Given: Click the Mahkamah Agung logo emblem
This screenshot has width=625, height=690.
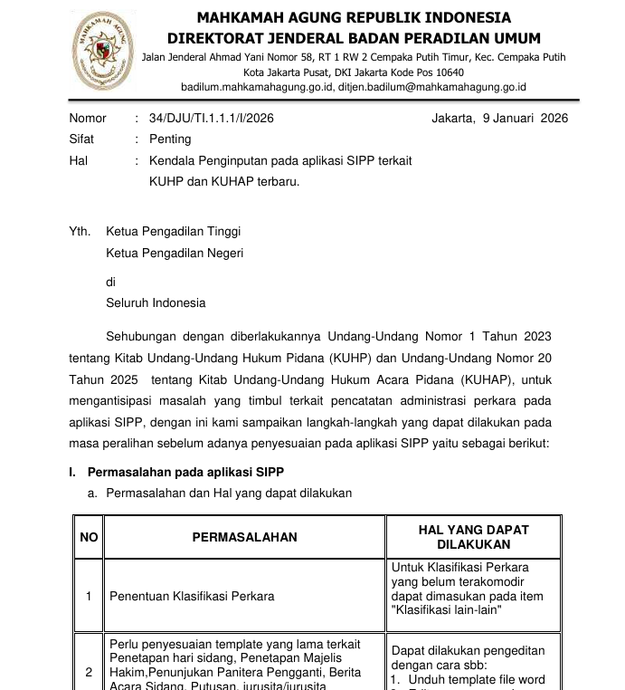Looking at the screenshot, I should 101,51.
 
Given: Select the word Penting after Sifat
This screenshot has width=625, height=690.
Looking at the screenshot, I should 170,139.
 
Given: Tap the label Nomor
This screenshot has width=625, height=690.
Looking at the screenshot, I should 88,119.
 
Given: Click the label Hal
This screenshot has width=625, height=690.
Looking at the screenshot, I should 79,160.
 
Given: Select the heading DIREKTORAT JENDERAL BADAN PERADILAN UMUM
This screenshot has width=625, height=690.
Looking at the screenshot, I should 354,38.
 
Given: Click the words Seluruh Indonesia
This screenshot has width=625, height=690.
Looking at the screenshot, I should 156,302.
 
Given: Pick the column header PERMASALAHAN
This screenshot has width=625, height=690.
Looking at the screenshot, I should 244,537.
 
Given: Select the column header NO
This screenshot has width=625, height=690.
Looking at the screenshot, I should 89,537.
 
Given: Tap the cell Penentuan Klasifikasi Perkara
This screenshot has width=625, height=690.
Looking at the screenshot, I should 192,596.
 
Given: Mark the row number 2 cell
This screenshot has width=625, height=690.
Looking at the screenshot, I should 89,672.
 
